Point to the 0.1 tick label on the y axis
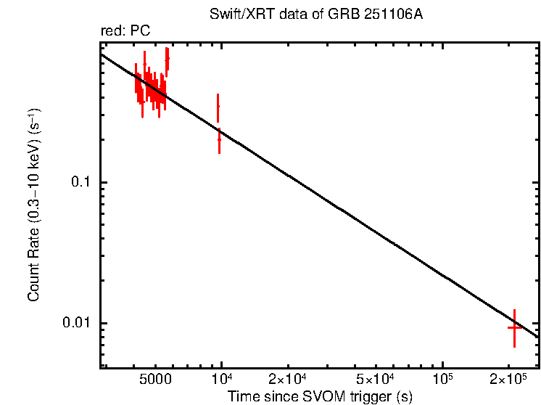84,182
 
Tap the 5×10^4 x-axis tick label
376,380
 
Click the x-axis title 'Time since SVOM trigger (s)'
320,396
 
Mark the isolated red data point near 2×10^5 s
514,327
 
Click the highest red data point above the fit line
168,59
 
